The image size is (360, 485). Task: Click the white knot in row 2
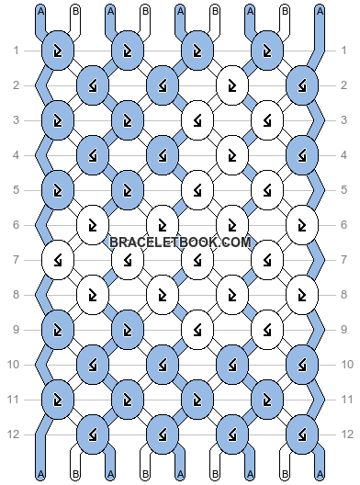(x=232, y=85)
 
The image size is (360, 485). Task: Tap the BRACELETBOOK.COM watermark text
(x=180, y=242)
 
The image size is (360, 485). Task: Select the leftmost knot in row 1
(x=57, y=51)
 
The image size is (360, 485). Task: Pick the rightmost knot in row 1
(x=267, y=51)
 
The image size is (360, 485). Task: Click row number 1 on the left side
(x=16, y=51)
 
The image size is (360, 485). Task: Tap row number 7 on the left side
(x=16, y=260)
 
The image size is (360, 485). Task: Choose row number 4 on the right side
(x=344, y=155)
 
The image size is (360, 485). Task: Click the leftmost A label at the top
(x=39, y=11)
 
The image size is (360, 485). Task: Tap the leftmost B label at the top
(x=74, y=11)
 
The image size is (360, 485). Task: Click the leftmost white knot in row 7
(x=57, y=260)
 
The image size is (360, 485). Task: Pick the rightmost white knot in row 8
(x=302, y=295)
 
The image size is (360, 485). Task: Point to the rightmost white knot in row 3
(x=267, y=120)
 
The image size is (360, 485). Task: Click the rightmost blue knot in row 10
(x=302, y=365)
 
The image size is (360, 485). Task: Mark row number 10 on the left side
(x=16, y=365)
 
